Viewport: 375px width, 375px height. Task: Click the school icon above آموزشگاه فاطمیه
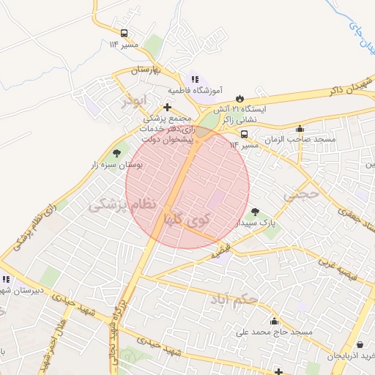tap(195, 79)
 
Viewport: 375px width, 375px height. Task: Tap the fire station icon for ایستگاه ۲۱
tap(240, 98)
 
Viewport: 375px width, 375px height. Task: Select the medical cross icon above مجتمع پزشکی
tap(168, 107)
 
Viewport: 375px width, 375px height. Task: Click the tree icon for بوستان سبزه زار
tap(116, 153)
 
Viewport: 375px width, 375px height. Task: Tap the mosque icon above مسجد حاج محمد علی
tap(274, 321)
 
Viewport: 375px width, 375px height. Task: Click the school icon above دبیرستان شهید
tap(7, 279)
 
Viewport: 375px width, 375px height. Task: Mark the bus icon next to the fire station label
tap(244, 134)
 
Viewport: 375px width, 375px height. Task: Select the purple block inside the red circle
tap(217, 198)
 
